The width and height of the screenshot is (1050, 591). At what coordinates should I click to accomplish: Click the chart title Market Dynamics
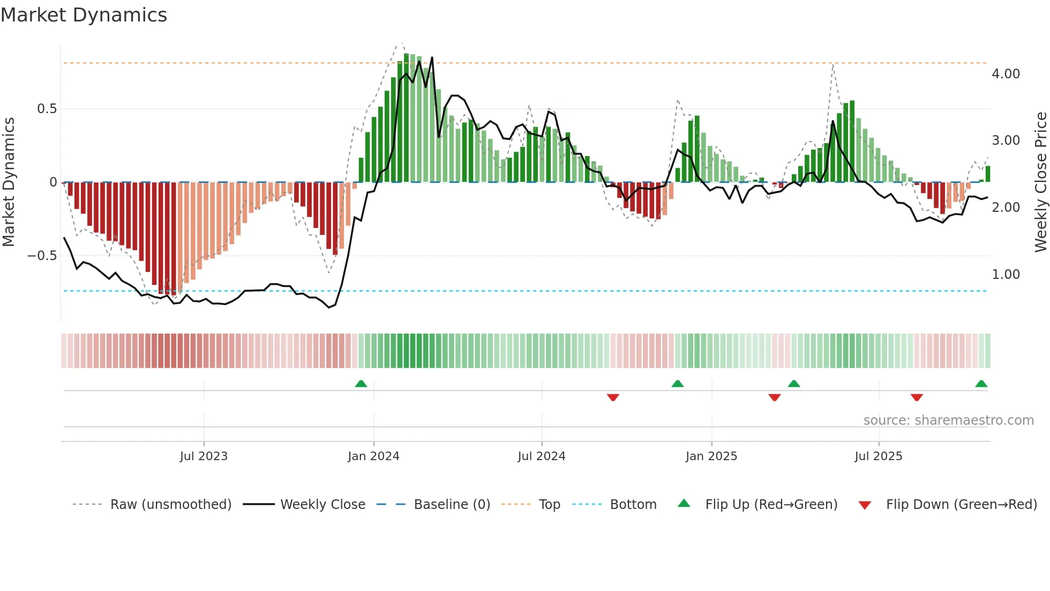84,15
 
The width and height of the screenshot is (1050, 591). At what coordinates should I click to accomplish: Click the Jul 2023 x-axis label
204,456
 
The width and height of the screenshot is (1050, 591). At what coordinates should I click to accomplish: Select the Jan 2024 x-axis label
373,456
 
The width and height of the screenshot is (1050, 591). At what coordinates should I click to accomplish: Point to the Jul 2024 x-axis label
542,456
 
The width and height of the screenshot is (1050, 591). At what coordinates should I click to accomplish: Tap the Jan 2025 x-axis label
711,456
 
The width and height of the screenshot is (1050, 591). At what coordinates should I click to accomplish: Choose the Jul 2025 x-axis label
879,456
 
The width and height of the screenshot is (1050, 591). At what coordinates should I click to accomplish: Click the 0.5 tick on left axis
47,109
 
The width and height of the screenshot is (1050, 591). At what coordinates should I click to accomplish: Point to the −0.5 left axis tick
42,256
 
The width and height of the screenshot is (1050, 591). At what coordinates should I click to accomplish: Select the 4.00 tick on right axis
1006,74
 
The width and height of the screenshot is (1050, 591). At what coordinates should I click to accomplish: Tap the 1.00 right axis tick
1006,275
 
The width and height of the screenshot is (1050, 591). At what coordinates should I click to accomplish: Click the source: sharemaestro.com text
948,420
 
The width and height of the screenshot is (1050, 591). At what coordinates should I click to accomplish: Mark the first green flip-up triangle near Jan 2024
361,384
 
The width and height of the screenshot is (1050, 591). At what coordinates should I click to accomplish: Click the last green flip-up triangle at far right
981,384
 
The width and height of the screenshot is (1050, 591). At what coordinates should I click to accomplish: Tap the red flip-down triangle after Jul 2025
917,397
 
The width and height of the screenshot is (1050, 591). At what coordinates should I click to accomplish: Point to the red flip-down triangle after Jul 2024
613,397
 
